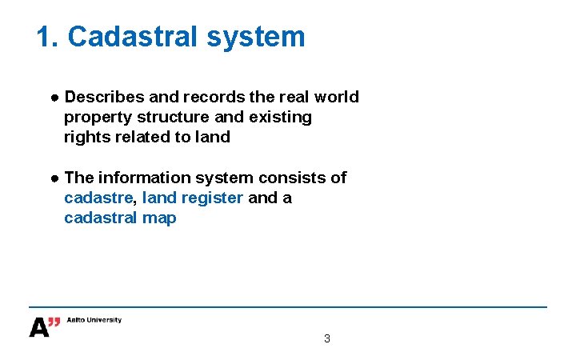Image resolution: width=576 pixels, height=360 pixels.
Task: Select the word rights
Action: pyautogui.click(x=85, y=137)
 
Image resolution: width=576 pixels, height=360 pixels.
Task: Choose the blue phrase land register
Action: pyautogui.click(x=192, y=198)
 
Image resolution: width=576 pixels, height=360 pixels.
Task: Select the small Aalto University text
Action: pyautogui.click(x=94, y=320)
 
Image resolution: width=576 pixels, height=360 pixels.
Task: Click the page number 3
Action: pyautogui.click(x=326, y=338)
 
